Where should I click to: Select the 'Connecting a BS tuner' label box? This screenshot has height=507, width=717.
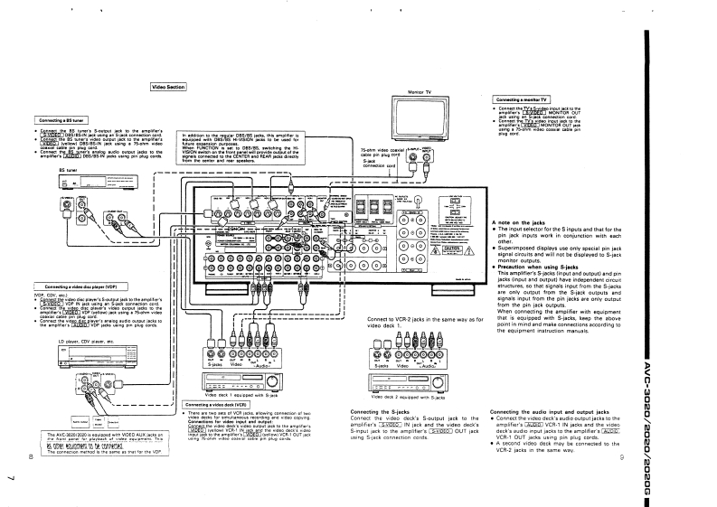61,119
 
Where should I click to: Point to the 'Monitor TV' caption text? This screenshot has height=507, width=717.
419,92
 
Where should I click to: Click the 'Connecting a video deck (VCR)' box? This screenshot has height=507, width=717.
218,404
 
